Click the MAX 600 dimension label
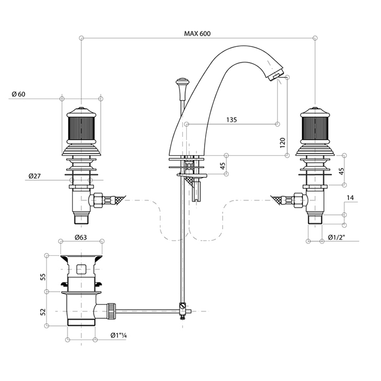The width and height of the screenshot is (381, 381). click(197, 34)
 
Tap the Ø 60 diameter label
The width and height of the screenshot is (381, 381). click(19, 94)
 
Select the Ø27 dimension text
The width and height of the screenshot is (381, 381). click(33, 176)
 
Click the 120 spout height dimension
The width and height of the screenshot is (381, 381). click(282, 143)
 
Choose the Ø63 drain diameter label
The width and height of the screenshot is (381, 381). click(82, 237)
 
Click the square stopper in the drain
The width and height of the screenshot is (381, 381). click(82, 268)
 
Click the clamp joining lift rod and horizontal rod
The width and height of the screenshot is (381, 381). click(182, 311)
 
